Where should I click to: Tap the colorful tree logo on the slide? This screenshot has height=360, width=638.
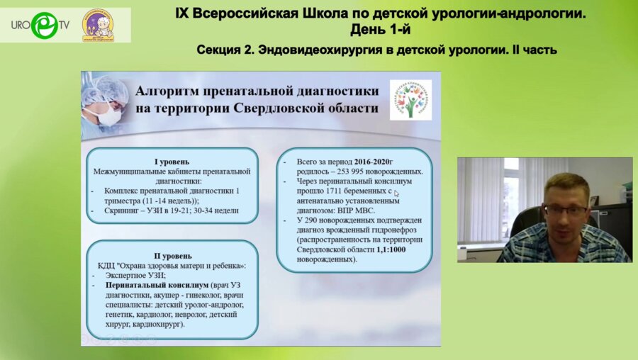410,99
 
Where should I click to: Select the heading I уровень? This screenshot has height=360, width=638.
172,161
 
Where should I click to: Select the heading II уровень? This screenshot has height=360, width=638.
172,255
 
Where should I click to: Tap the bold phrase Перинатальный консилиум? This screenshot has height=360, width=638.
145,284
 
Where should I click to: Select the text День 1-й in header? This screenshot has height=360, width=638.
380,29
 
